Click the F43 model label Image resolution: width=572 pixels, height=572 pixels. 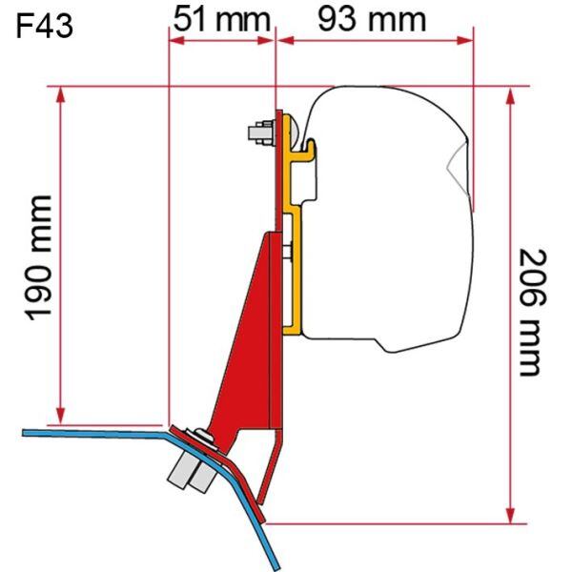(x=45, y=27)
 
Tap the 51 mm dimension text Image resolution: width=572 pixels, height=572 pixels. (x=222, y=19)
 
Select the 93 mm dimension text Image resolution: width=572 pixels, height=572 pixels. (x=372, y=19)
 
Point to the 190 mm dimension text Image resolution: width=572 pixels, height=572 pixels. (x=38, y=258)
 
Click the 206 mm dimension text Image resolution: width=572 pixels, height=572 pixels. (x=533, y=313)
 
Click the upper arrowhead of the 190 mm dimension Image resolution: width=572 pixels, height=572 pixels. (x=61, y=95)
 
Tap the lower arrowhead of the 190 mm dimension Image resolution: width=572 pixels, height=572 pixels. (x=61, y=417)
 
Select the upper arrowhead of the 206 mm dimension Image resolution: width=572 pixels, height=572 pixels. (x=511, y=95)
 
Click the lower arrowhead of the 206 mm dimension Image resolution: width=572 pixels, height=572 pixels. (x=511, y=515)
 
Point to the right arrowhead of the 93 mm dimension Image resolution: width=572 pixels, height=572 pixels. (x=465, y=40)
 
